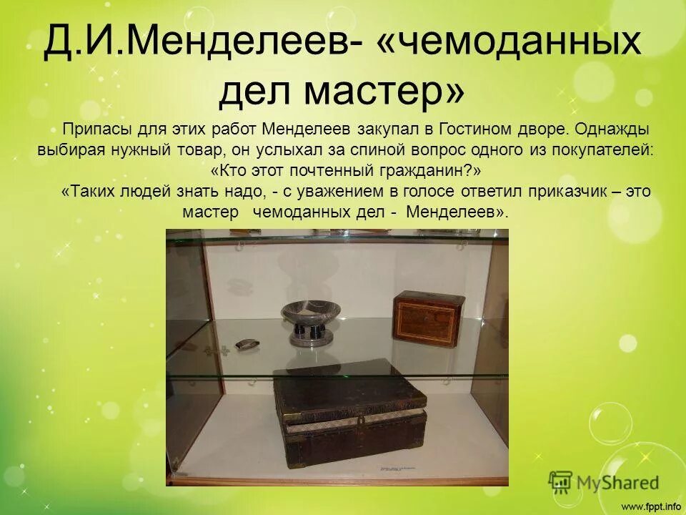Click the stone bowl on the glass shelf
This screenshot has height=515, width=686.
click(310, 311)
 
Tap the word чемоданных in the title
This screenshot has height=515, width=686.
click(517, 44)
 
